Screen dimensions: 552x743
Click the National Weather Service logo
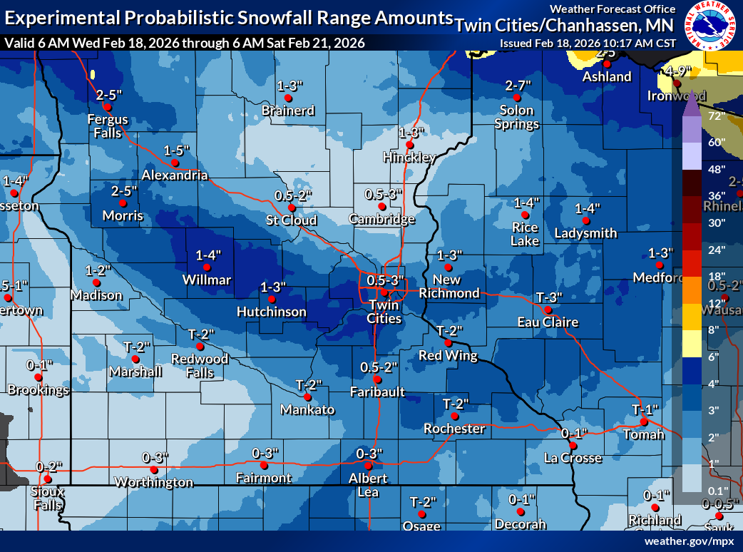click(x=710, y=26)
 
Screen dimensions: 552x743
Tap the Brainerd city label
click(x=288, y=111)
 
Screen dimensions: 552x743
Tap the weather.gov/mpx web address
click(x=689, y=541)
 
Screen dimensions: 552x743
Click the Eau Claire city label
click(x=548, y=322)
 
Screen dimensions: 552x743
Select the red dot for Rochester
click(x=454, y=416)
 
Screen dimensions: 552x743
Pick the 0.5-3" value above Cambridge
click(x=384, y=194)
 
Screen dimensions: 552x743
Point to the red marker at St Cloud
click(x=292, y=208)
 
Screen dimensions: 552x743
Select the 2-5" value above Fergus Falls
click(x=110, y=94)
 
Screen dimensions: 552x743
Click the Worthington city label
click(x=154, y=482)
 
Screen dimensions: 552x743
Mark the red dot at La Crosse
click(x=573, y=446)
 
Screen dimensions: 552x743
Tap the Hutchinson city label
click(x=272, y=312)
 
